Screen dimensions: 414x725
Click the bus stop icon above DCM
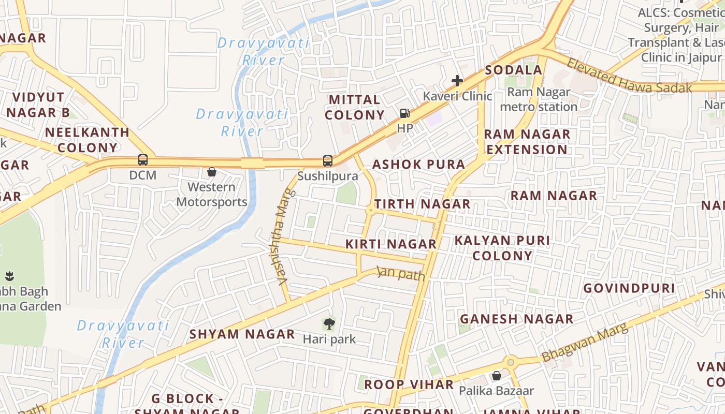pyautogui.click(x=143, y=160)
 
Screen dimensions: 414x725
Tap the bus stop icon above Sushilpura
pyautogui.click(x=328, y=161)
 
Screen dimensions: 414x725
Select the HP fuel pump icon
pyautogui.click(x=405, y=113)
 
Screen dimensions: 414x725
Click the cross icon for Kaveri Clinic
pyautogui.click(x=457, y=80)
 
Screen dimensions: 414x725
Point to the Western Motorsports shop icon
pyautogui.click(x=212, y=172)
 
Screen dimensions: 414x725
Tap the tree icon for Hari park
pyautogui.click(x=329, y=324)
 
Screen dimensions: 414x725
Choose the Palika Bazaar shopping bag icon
pyautogui.click(x=497, y=376)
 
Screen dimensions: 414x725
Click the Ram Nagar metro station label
pyautogui.click(x=539, y=99)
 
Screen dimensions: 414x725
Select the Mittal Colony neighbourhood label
pyautogui.click(x=355, y=107)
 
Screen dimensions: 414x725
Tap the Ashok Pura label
pyautogui.click(x=419, y=165)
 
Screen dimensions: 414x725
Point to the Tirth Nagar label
pyautogui.click(x=423, y=204)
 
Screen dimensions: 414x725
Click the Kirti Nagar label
pyautogui.click(x=391, y=244)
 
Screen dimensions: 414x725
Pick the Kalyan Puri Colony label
pyautogui.click(x=502, y=248)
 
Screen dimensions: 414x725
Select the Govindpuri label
pyautogui.click(x=629, y=288)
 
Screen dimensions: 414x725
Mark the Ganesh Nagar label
pyautogui.click(x=517, y=319)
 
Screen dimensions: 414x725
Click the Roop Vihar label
pyautogui.click(x=409, y=385)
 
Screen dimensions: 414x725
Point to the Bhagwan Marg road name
pyautogui.click(x=585, y=343)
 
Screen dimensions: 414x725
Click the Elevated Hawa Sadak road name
pyautogui.click(x=630, y=76)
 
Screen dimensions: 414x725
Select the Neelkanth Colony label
pyautogui.click(x=87, y=140)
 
